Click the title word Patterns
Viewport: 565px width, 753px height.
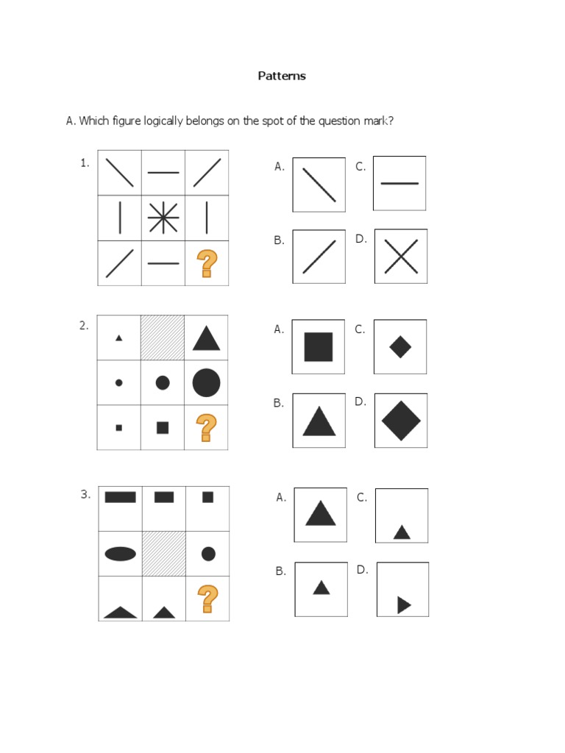[x=282, y=76]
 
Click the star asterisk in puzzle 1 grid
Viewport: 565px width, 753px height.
[x=163, y=218]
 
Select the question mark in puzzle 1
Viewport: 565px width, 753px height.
[x=207, y=264]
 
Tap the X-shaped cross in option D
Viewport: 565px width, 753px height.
[x=401, y=257]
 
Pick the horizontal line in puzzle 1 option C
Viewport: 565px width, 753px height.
[x=399, y=183]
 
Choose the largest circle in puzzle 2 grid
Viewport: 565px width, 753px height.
[x=206, y=382]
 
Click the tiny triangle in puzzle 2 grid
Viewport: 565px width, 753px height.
[x=118, y=338]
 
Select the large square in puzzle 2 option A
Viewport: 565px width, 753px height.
[x=318, y=347]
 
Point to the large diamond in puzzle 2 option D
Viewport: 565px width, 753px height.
[x=401, y=421]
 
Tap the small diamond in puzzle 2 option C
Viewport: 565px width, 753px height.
[x=400, y=347]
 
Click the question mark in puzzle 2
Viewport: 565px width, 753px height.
[x=206, y=427]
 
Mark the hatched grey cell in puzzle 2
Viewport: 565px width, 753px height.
[x=163, y=338]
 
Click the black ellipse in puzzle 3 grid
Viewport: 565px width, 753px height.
[x=120, y=554]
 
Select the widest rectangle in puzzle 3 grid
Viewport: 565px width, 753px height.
[x=120, y=496]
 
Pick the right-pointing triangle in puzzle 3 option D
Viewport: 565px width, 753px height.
[x=404, y=605]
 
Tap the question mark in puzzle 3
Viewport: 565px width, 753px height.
[x=207, y=599]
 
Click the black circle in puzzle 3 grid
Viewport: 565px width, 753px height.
[x=208, y=554]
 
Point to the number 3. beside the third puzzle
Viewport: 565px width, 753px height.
[x=85, y=494]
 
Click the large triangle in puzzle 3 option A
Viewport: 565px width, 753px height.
[x=321, y=513]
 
